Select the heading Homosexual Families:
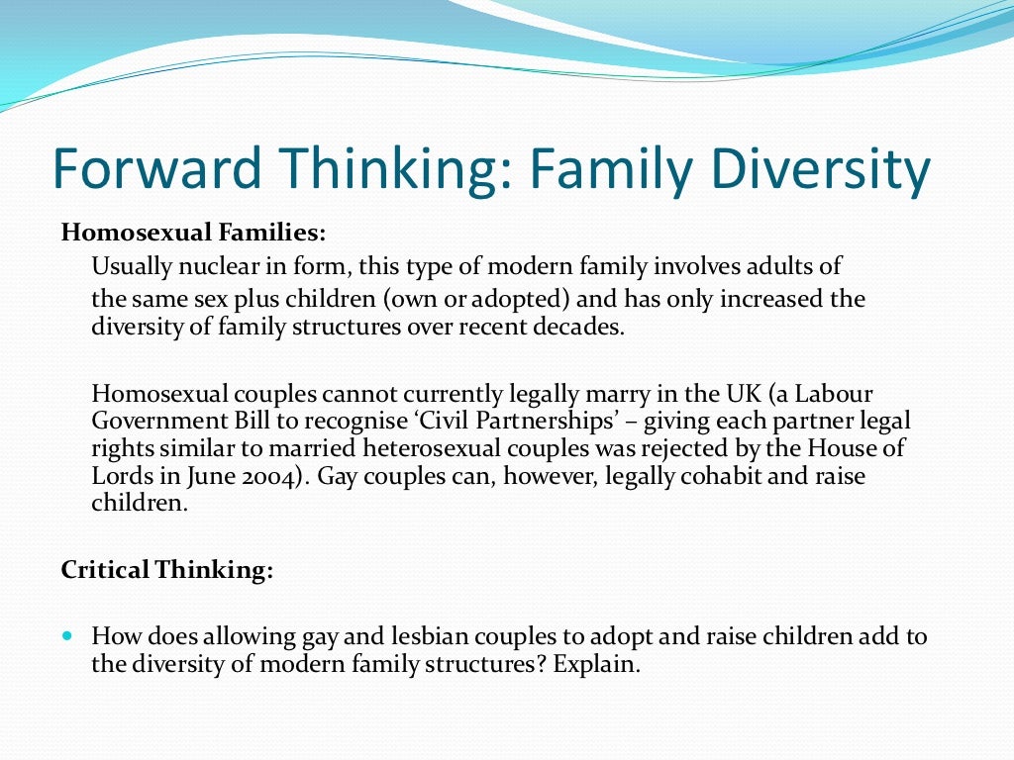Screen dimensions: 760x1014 (193, 234)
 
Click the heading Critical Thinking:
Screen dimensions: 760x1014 (166, 570)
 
